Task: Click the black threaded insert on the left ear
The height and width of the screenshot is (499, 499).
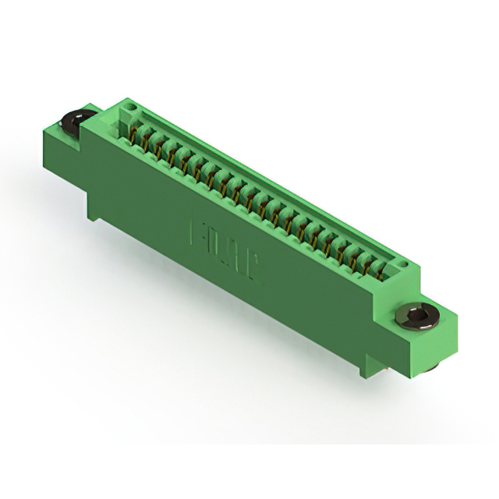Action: click(x=76, y=121)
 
